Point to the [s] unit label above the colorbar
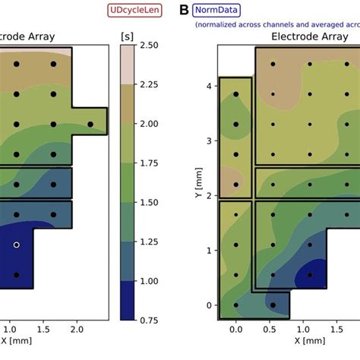coord(127,36)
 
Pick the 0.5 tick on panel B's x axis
coord(273,330)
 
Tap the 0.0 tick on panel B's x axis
coord(235,330)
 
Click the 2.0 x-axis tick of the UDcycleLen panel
coord(74,330)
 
